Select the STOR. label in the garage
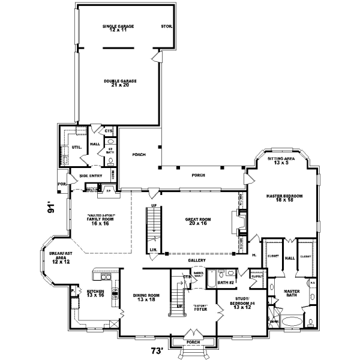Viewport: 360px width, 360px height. [167, 26]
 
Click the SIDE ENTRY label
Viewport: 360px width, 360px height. [91, 176]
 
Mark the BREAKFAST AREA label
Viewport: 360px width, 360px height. [61, 257]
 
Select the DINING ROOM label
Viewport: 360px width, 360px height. [146, 296]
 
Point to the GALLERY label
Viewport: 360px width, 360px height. [197, 260]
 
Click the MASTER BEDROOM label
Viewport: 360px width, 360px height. [284, 198]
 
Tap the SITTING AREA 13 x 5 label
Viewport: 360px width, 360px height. [281, 160]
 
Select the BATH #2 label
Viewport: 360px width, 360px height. [225, 281]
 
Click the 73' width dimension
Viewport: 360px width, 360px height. [157, 350]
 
